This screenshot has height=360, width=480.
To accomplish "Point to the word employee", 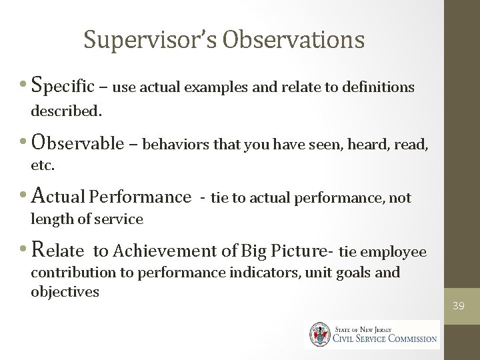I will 394,251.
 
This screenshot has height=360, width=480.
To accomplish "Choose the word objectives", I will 65,291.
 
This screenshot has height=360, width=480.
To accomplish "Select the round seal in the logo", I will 319,334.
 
